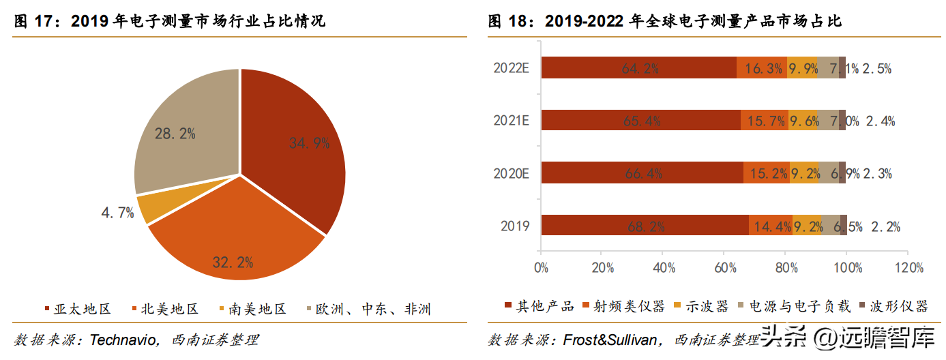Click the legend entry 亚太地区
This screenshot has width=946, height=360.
(82, 309)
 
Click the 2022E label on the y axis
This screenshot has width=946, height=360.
(512, 68)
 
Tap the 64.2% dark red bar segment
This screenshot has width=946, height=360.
(638, 68)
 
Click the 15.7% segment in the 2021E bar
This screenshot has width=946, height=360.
(764, 121)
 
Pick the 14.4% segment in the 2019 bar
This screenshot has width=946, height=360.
(770, 226)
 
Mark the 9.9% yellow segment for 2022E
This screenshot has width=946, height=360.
(801, 68)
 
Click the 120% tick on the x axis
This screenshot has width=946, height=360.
(908, 267)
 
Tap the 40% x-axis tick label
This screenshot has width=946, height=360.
(664, 267)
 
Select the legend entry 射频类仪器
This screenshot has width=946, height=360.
(627, 306)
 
